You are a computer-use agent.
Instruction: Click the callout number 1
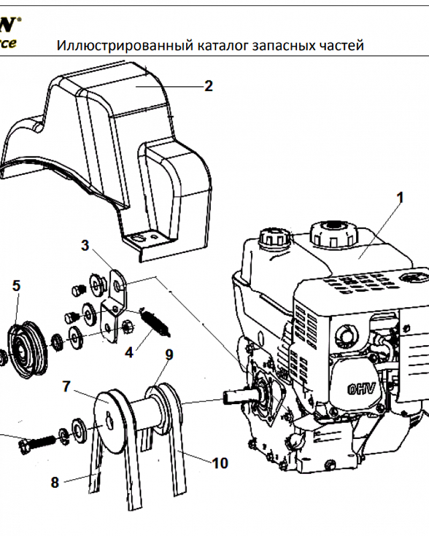(400, 198)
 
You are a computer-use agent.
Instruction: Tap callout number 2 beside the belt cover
(208, 86)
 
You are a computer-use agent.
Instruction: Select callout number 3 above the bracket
(85, 245)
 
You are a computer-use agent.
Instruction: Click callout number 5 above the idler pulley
(16, 286)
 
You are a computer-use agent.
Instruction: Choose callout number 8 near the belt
(54, 482)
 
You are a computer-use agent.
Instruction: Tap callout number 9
(169, 354)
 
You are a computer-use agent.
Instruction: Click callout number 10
(220, 463)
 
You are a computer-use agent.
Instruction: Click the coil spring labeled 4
(156, 322)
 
